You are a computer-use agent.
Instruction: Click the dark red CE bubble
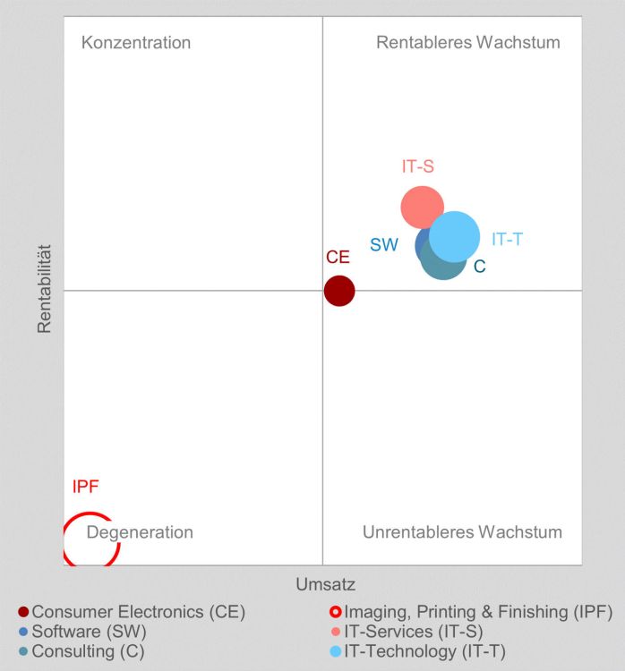click(x=338, y=291)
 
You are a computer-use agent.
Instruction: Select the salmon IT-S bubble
click(x=421, y=206)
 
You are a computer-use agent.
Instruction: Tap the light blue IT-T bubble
click(x=456, y=236)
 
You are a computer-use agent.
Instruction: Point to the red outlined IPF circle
click(x=90, y=539)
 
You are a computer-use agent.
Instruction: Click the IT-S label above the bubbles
click(x=417, y=166)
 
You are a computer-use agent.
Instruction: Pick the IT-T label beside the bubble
click(x=507, y=240)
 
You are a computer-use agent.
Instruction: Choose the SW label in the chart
click(x=384, y=245)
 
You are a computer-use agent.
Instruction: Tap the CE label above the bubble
click(x=338, y=258)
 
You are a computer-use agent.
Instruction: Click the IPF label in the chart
click(x=85, y=488)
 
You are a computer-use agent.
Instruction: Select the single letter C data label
click(x=479, y=267)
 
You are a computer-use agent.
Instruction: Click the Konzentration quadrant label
click(x=136, y=43)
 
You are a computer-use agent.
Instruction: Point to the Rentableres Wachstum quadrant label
click(x=467, y=43)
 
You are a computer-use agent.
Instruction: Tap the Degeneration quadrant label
click(x=140, y=533)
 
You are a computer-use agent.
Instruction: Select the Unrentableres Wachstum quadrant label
click(x=462, y=533)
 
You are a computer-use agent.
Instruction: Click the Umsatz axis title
click(x=325, y=585)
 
